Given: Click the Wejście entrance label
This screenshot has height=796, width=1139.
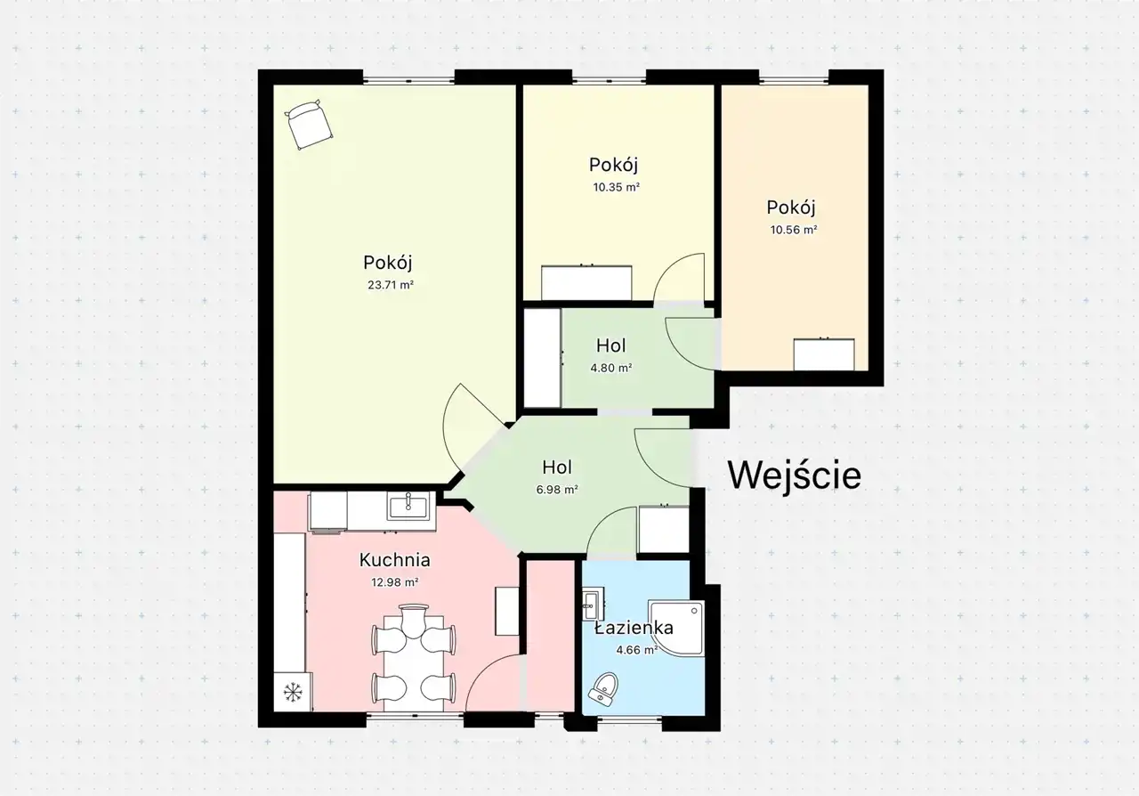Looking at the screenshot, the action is click(x=795, y=475).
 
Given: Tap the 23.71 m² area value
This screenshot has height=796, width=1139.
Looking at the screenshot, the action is click(x=391, y=285).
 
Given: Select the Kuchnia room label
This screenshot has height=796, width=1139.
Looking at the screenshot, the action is click(x=394, y=560).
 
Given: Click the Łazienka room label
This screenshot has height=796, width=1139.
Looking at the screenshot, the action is click(x=634, y=628).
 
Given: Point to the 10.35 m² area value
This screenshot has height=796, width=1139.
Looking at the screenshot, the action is click(x=616, y=187).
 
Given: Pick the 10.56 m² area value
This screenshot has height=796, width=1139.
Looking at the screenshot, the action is click(x=793, y=230).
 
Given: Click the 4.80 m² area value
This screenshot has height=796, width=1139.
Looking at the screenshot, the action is click(x=610, y=368).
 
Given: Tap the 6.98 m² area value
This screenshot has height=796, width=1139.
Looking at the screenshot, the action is click(x=557, y=490).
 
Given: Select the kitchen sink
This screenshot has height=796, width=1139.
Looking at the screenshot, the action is click(x=408, y=506).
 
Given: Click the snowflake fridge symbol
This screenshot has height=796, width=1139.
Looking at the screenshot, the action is click(x=293, y=692).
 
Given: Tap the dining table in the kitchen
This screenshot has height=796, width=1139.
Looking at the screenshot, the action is click(x=414, y=663).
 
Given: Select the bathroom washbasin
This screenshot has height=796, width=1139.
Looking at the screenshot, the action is click(x=593, y=604).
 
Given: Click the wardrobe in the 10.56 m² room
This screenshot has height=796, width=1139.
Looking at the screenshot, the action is click(x=824, y=354).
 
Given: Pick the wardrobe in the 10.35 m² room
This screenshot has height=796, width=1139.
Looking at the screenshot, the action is click(x=586, y=282).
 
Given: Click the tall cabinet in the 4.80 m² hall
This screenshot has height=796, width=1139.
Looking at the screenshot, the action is click(x=543, y=358).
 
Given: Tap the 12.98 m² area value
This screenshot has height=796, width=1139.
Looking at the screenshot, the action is click(x=394, y=582).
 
